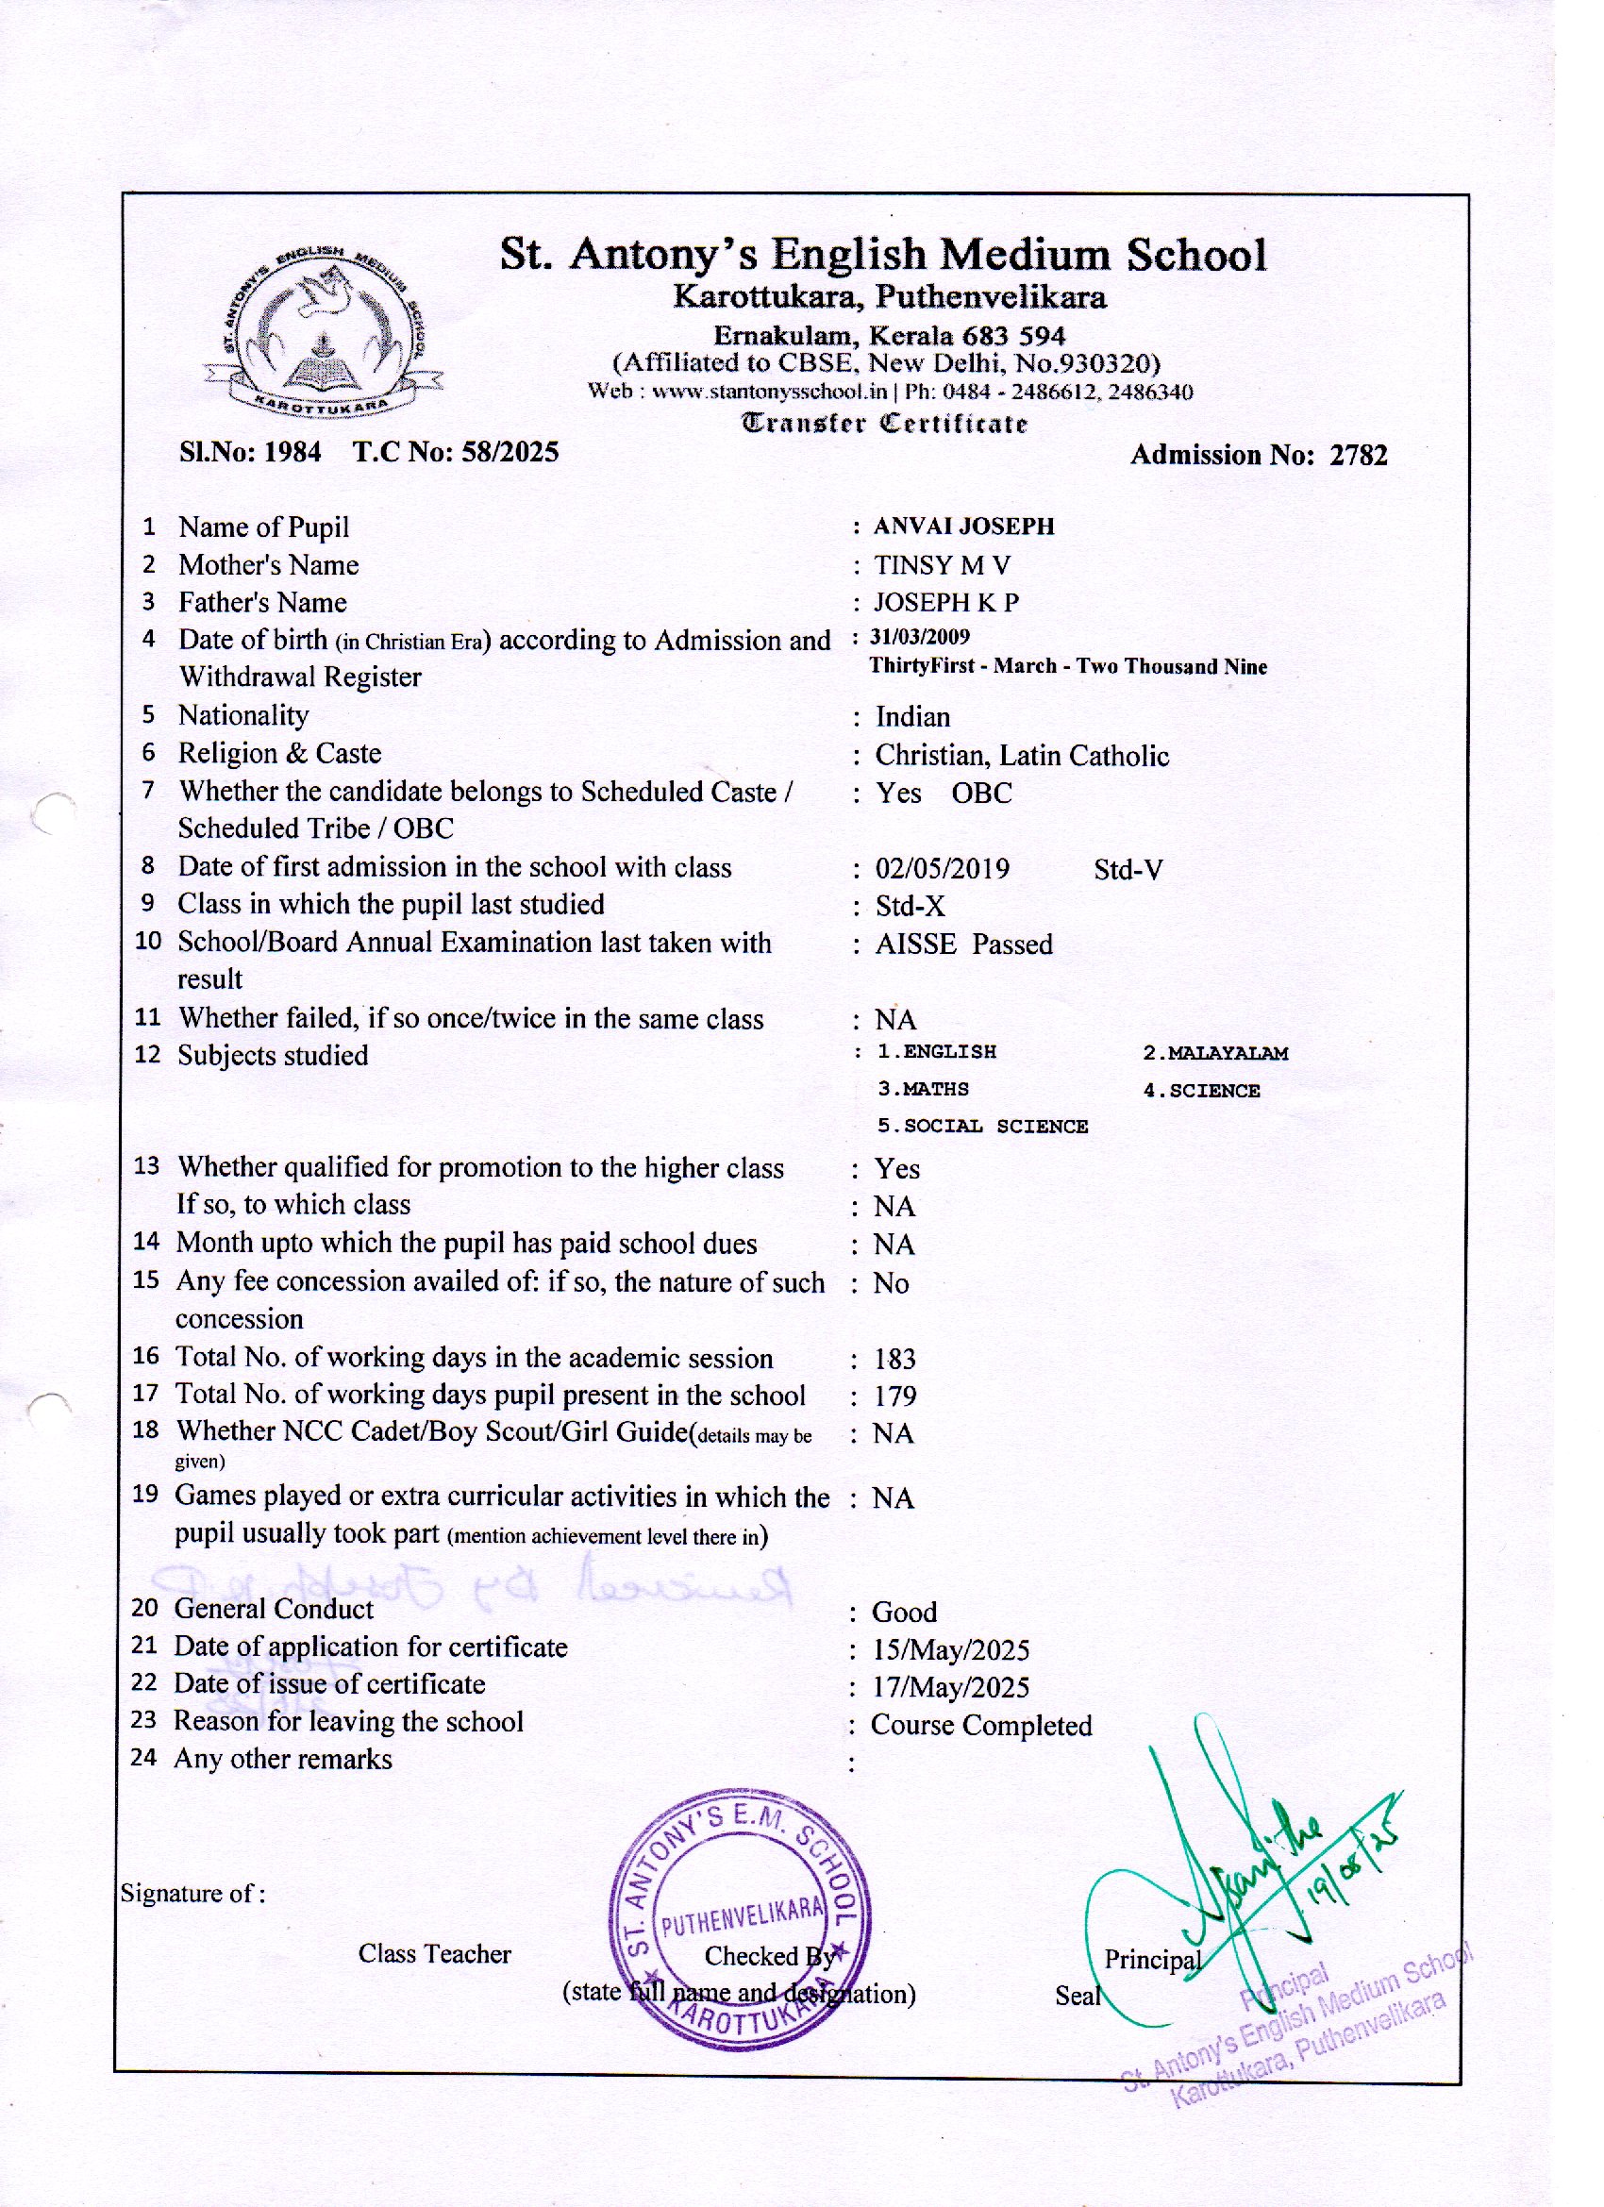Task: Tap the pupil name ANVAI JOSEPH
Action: (x=963, y=527)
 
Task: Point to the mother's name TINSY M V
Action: (x=942, y=565)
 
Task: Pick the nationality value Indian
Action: (x=912, y=717)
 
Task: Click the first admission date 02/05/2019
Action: (x=943, y=868)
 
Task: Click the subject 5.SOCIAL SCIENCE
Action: (x=982, y=1126)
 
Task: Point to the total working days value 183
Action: (x=894, y=1359)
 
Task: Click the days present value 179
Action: (x=894, y=1396)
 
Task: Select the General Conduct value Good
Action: (x=904, y=1613)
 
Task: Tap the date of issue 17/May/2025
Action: (x=951, y=1687)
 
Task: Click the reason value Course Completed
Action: (x=981, y=1726)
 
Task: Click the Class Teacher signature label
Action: (x=434, y=1954)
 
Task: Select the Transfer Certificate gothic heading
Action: (x=885, y=424)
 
